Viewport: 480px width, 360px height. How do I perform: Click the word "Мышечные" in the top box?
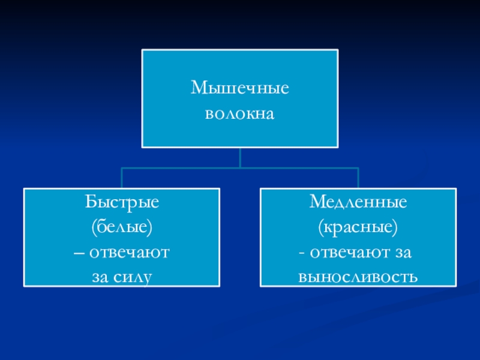point(240,89)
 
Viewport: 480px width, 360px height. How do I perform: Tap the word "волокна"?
point(240,112)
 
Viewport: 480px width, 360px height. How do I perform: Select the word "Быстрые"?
point(122,202)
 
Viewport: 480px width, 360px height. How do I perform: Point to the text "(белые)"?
point(122,227)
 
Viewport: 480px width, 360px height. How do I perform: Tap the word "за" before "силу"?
point(101,277)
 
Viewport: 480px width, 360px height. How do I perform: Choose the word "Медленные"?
point(358,202)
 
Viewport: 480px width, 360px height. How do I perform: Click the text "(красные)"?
point(358,227)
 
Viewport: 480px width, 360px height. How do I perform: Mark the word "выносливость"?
point(358,277)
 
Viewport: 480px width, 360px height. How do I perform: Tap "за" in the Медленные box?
point(402,252)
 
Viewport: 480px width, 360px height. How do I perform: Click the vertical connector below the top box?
point(240,157)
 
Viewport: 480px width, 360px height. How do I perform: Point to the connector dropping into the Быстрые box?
point(122,178)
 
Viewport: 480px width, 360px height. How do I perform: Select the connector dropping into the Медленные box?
point(358,178)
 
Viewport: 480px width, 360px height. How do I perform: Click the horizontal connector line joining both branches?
point(180,168)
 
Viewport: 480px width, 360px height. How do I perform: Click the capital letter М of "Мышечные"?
point(199,89)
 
